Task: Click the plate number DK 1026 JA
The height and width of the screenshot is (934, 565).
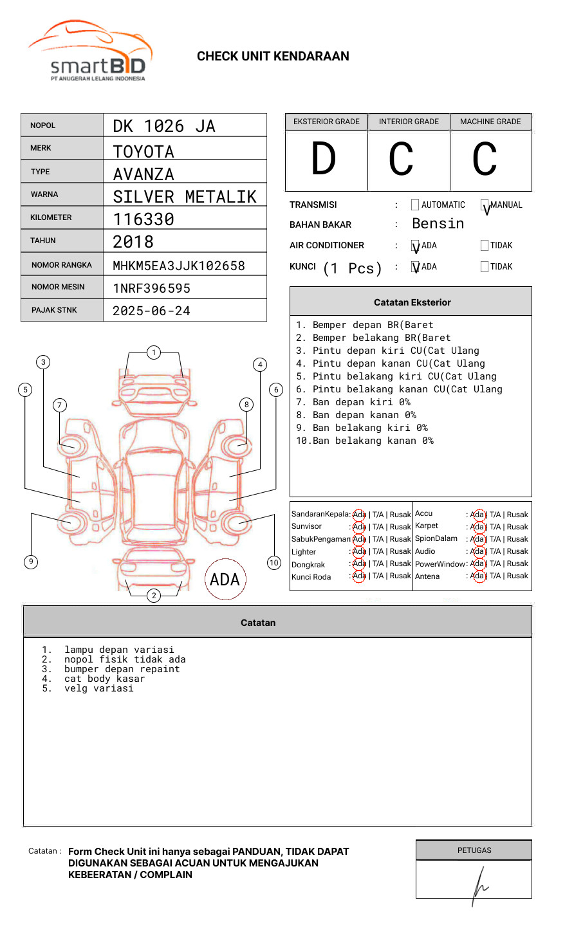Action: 164,126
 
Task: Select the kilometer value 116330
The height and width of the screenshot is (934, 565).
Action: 144,219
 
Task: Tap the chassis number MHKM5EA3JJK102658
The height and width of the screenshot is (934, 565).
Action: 179,266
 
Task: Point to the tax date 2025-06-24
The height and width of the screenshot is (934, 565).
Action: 151,311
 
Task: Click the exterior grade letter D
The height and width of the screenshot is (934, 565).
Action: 324,160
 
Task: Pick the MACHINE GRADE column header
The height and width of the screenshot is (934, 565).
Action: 490,122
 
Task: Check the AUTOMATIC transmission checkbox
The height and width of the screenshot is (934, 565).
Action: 415,205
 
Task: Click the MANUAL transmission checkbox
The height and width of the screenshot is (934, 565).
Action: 485,205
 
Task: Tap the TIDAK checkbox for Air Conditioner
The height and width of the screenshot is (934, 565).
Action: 485,246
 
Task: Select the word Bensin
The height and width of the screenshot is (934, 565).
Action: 438,224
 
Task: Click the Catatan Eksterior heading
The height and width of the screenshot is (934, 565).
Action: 412,302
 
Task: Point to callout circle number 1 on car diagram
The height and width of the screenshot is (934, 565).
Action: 153,353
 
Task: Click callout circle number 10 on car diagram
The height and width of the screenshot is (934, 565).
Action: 274,563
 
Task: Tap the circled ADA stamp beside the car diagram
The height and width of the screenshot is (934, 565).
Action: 225,579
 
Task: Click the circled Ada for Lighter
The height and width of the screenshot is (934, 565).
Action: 359,551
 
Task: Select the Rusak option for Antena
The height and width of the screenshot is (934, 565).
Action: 517,576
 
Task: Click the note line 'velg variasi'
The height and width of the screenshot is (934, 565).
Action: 99,688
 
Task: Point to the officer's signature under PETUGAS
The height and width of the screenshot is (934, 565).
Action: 479,884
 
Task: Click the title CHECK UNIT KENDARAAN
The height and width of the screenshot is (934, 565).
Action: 273,57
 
